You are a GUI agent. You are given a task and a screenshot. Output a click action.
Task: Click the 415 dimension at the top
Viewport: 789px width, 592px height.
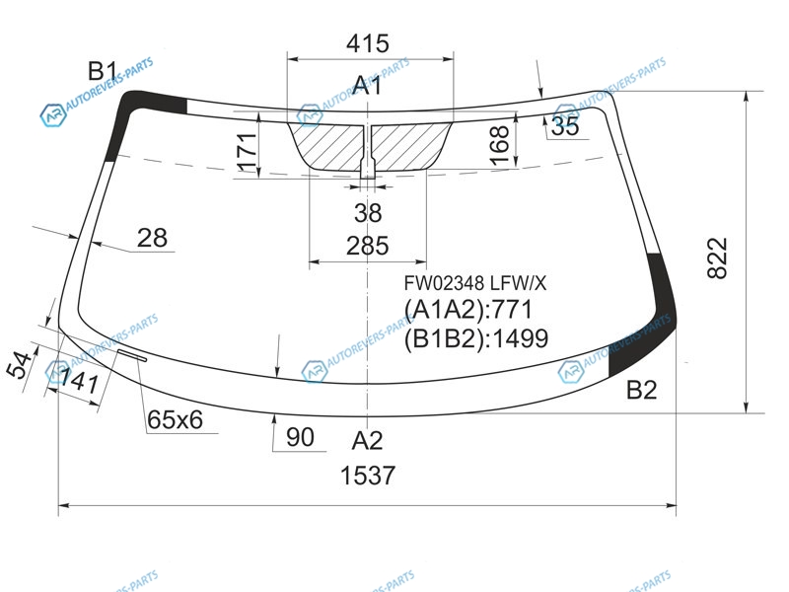click(367, 43)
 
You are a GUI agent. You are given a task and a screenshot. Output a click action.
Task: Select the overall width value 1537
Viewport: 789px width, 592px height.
click(368, 476)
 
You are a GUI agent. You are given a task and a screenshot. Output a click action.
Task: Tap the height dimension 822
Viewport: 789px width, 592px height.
click(717, 259)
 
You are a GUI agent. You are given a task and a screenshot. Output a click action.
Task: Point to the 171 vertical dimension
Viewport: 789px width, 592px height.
click(248, 152)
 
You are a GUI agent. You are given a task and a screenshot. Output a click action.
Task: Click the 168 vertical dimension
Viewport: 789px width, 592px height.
click(499, 145)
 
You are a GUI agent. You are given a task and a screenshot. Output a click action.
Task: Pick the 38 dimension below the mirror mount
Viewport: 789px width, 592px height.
click(368, 213)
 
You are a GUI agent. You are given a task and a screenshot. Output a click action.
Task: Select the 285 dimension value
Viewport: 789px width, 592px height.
click(367, 246)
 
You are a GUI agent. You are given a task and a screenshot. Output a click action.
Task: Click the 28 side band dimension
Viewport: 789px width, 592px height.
click(152, 238)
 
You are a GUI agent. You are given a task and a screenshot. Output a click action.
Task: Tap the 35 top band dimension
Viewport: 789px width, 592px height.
click(565, 126)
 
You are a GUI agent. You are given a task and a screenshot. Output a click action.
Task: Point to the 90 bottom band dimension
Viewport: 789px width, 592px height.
click(300, 437)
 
